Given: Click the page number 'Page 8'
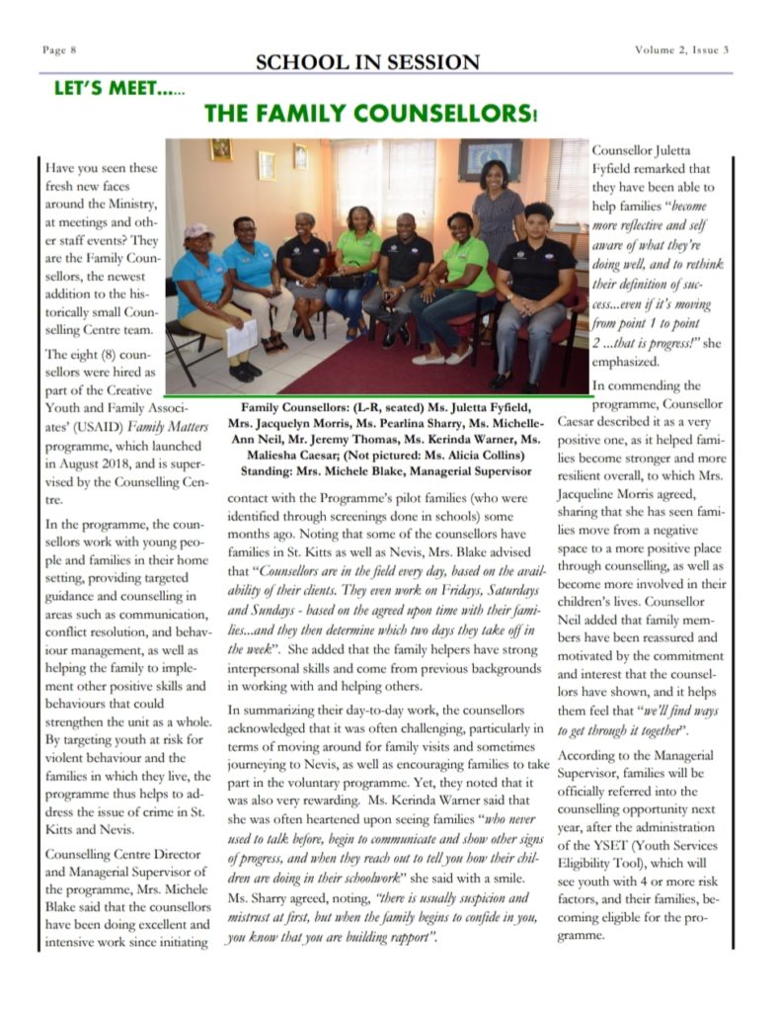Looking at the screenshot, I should click(60, 49).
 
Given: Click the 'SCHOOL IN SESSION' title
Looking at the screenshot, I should click(367, 62).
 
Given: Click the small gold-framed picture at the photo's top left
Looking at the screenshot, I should click(220, 149).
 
